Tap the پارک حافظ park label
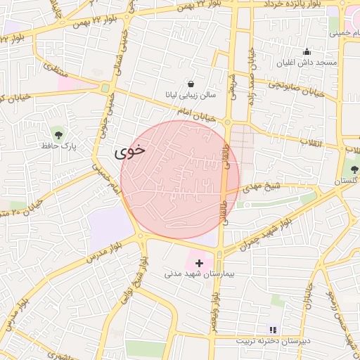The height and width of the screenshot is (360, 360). [58, 146]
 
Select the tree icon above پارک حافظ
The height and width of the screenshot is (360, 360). [58, 134]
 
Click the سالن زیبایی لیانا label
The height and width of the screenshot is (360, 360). [191, 94]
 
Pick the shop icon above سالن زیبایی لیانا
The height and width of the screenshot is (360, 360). [191, 83]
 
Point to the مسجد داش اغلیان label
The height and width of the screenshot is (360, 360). [307, 63]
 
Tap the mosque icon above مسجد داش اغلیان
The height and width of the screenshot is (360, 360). [307, 51]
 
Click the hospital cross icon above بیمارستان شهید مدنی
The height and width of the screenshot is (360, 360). [199, 262]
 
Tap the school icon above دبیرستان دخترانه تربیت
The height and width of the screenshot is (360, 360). [273, 329]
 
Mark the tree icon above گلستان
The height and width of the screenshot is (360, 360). [354, 168]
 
